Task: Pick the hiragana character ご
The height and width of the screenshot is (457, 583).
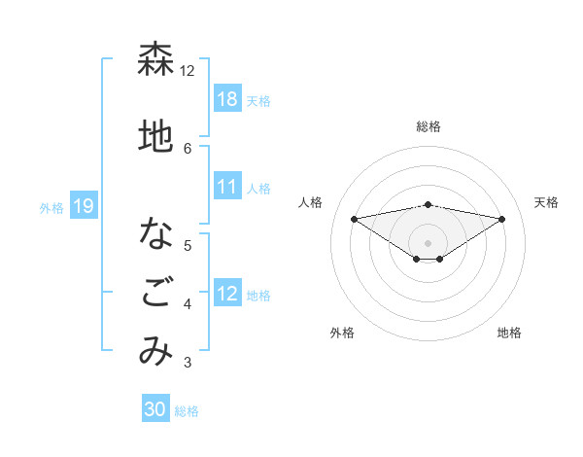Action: pyautogui.click(x=156, y=294)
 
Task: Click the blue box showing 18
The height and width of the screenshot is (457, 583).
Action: pyautogui.click(x=227, y=99)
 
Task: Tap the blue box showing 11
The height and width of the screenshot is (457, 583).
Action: pyautogui.click(x=227, y=187)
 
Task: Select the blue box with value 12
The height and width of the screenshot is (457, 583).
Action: pyautogui.click(x=227, y=295)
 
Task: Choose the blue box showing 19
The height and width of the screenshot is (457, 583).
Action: pyautogui.click(x=83, y=206)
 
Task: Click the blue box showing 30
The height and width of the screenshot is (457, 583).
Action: pyautogui.click(x=155, y=409)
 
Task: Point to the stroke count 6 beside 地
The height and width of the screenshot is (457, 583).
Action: pyautogui.click(x=188, y=148)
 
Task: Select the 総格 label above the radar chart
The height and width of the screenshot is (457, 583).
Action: pyautogui.click(x=428, y=126)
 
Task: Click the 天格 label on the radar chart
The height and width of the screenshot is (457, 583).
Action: pyautogui.click(x=546, y=202)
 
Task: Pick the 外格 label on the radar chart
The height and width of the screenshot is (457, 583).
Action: pyautogui.click(x=342, y=333)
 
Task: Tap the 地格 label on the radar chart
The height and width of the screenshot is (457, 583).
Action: pyautogui.click(x=509, y=333)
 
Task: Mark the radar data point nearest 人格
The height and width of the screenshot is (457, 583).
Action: pyautogui.click(x=354, y=218)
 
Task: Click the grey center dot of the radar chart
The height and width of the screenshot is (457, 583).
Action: pyautogui.click(x=428, y=242)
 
